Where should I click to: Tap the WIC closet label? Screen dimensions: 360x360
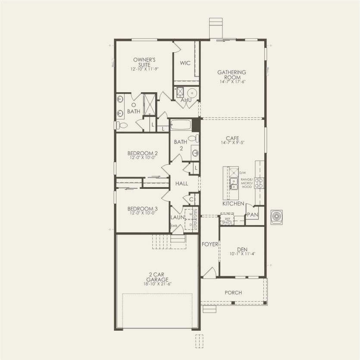pyautogui.click(x=185, y=63)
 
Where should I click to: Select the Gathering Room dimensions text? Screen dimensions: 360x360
pyautogui.click(x=232, y=81)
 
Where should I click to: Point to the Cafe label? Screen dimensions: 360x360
pyautogui.click(x=232, y=138)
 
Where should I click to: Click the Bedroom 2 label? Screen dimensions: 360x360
pyautogui.click(x=142, y=153)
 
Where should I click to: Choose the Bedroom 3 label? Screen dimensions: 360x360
pyautogui.click(x=142, y=208)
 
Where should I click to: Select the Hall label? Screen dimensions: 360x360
pyautogui.click(x=182, y=183)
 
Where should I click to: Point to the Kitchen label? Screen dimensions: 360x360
pyautogui.click(x=233, y=203)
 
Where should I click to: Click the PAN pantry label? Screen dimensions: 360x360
pyautogui.click(x=252, y=215)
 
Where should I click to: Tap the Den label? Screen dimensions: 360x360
pyautogui.click(x=241, y=249)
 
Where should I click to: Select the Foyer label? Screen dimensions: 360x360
pyautogui.click(x=210, y=244)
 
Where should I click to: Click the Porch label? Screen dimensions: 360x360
pyautogui.click(x=233, y=293)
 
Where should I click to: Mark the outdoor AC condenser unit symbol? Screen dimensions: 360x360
pyautogui.click(x=276, y=217)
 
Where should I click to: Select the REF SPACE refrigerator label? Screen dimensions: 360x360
pyautogui.click(x=226, y=220)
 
